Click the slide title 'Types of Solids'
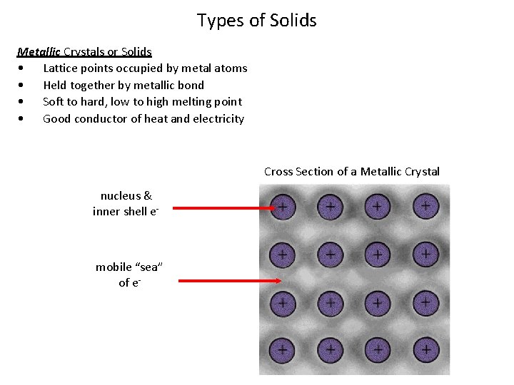pyautogui.click(x=257, y=21)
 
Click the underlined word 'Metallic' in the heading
pyautogui.click(x=39, y=51)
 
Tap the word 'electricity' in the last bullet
pyautogui.click(x=218, y=119)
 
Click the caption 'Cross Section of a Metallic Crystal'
pyautogui.click(x=352, y=171)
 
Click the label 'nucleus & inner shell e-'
pyautogui.click(x=126, y=203)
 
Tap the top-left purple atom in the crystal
pyautogui.click(x=283, y=207)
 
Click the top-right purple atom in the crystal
pyautogui.click(x=425, y=207)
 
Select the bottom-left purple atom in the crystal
pyautogui.click(x=283, y=349)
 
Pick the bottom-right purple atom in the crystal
pyautogui.click(x=425, y=349)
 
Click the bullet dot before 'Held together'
pyautogui.click(x=25, y=86)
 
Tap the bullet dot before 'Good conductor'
pyautogui.click(x=25, y=119)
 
